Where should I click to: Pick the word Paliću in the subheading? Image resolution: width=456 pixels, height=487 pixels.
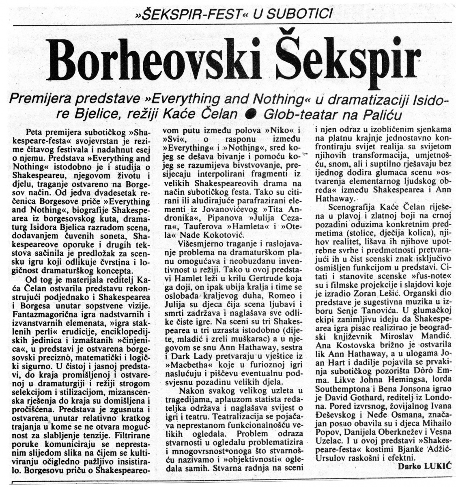(x=381, y=115)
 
